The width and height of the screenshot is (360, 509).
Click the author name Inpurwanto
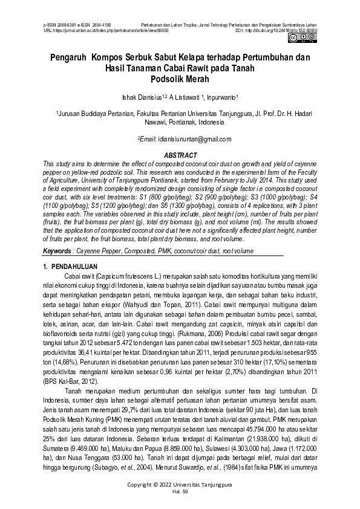pos(222,96)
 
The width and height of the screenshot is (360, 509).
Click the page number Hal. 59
pos(180,492)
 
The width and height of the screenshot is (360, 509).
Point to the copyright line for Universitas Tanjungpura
pos(180,485)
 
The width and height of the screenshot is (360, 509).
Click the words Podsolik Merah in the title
pos(180,79)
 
